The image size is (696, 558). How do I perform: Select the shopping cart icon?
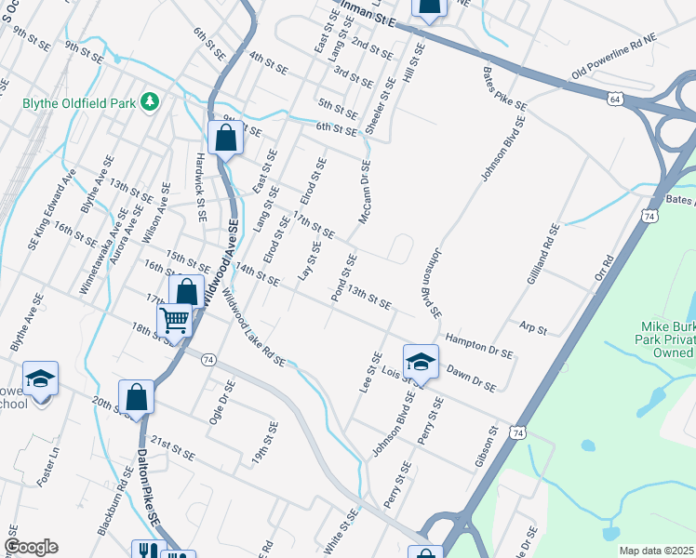pyautogui.click(x=174, y=321)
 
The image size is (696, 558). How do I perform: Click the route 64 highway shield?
pyautogui.click(x=616, y=97)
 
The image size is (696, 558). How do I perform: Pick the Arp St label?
pyautogui.click(x=533, y=329)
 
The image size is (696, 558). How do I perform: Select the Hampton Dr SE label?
pyautogui.click(x=480, y=344)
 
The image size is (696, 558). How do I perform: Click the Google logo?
pyautogui.click(x=31, y=547)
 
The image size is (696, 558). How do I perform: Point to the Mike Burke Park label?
pyautogui.click(x=667, y=339)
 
